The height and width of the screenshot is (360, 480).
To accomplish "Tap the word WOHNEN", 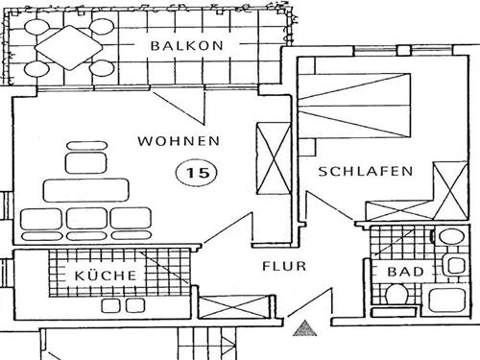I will click(179, 141).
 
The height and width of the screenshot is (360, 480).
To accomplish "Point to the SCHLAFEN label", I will click(366, 172).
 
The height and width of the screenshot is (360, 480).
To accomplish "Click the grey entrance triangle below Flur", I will click(305, 329).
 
